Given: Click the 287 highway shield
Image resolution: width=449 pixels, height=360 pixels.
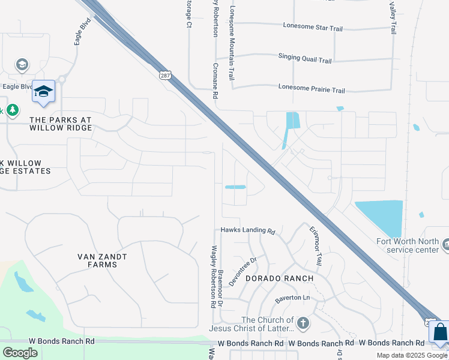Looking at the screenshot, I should pyautogui.click(x=166, y=75).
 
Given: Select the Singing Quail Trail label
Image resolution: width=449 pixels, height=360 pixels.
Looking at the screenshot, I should pyautogui.click(x=305, y=59).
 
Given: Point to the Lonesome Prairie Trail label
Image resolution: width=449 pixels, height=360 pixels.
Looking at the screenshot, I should pyautogui.click(x=312, y=89).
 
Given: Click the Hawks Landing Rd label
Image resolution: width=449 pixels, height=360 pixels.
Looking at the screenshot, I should pyautogui.click(x=247, y=230).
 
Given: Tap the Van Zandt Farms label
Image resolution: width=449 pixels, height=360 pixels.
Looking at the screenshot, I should pyautogui.click(x=102, y=260).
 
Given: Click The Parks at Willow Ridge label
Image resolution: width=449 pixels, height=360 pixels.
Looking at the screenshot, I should pyautogui.click(x=61, y=124).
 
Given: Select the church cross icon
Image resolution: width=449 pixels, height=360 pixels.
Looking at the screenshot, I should pyautogui.click(x=303, y=323).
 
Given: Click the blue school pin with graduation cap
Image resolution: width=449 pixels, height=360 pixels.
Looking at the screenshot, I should pyautogui.click(x=43, y=92).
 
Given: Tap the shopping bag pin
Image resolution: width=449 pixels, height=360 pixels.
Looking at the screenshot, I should pyautogui.click(x=440, y=332).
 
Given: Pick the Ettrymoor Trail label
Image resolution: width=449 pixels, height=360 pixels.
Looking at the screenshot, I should pyautogui.click(x=316, y=245).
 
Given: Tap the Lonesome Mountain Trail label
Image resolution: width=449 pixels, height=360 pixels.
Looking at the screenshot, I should pyautogui.click(x=231, y=44).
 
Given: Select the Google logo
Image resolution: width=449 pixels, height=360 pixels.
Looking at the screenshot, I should pyautogui.click(x=20, y=352).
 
